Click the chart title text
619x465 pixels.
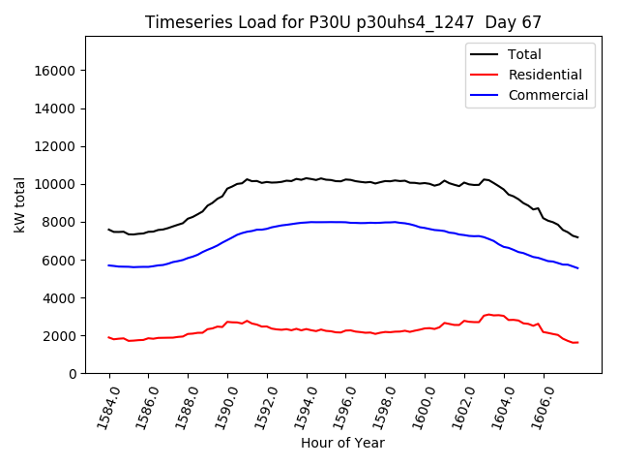(x=342, y=22)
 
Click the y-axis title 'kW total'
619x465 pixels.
(x=19, y=205)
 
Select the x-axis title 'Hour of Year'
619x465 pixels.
(x=342, y=443)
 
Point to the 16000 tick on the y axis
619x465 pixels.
(x=56, y=71)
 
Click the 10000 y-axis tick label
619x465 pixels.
(x=56, y=184)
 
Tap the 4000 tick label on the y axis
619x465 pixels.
(x=60, y=298)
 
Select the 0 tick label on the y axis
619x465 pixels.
(x=72, y=374)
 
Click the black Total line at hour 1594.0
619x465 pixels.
(x=307, y=178)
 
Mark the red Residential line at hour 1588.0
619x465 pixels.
(x=189, y=334)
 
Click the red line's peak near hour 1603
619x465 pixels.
(x=489, y=314)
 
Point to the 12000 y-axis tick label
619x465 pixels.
(x=56, y=146)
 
